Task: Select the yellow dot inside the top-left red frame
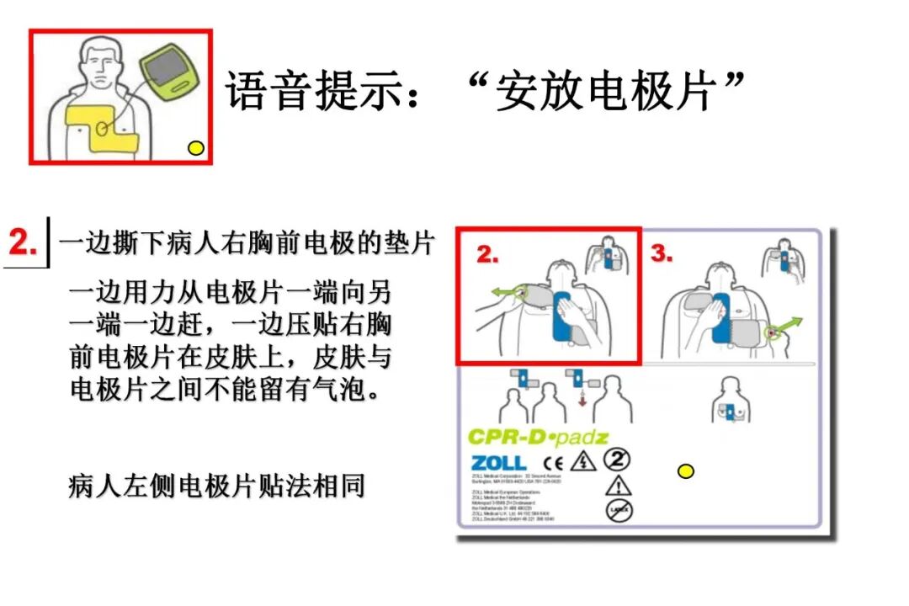coord(196,149)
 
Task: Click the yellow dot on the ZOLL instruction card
coord(686,470)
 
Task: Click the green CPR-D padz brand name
coord(537,437)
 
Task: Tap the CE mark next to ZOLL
coord(553,462)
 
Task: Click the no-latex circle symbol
coord(619,509)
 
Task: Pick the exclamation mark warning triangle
coord(619,485)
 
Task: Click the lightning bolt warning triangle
coord(582,461)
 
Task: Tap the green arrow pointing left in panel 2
coord(504,293)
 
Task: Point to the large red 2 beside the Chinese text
coord(24,242)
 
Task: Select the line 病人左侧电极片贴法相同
coord(216,486)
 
